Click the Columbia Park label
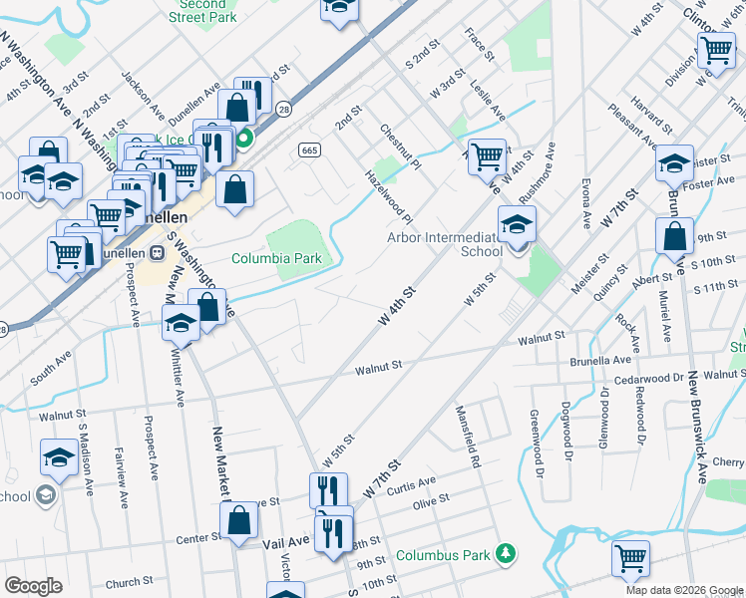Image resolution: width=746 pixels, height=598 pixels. click(x=276, y=258)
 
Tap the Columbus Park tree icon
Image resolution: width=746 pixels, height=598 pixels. click(x=507, y=552)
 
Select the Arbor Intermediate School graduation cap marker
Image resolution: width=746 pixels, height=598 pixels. click(x=518, y=226)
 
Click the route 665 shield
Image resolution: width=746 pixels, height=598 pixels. click(x=308, y=149)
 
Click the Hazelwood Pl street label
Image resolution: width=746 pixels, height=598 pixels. click(x=390, y=196)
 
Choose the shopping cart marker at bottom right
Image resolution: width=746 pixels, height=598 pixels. click(x=630, y=560)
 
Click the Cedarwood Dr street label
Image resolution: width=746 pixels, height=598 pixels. click(x=655, y=378)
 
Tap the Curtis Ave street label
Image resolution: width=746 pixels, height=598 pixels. click(x=411, y=485)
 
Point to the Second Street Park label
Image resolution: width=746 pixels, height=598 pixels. click(x=202, y=11)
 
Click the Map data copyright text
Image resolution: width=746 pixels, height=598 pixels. click(x=683, y=590)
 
